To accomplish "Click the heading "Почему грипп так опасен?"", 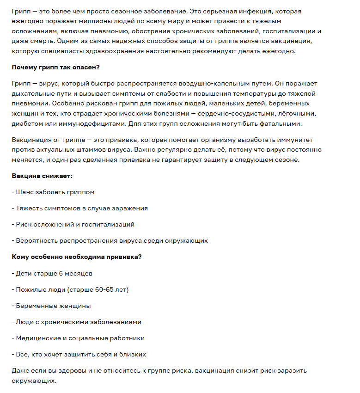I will pyautogui.click(x=55, y=68).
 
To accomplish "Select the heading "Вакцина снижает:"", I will pyautogui.click(x=42, y=176).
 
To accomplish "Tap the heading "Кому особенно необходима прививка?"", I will pyautogui.click(x=76, y=257).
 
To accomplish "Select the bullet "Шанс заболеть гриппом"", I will pyautogui.click(x=55, y=192).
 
